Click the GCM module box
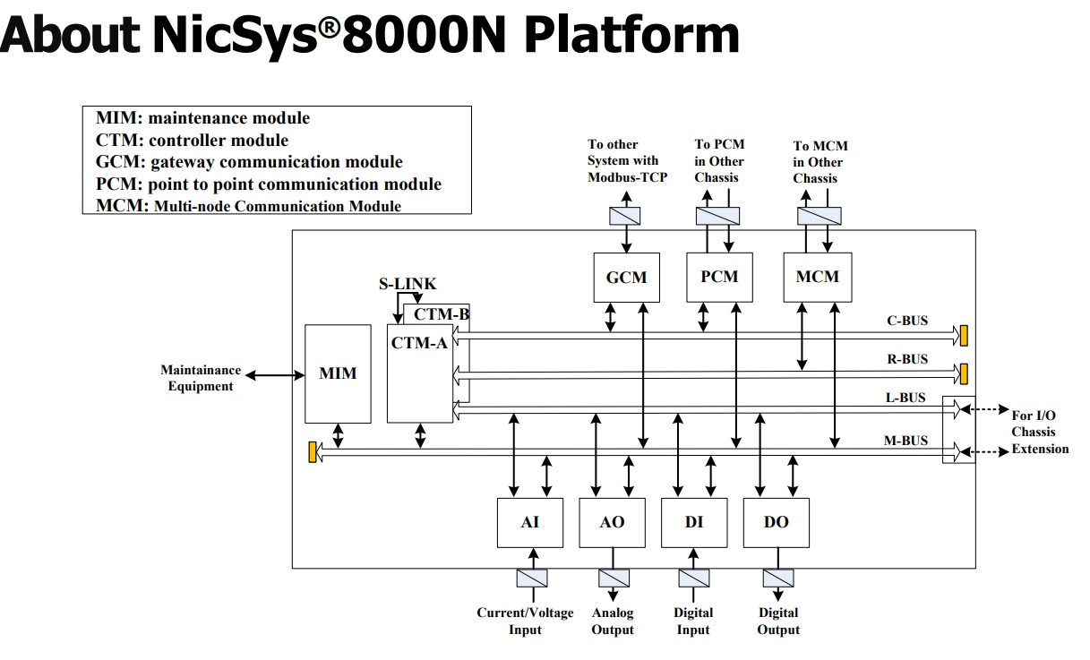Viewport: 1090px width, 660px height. (626, 277)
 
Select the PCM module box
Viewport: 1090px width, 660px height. (719, 276)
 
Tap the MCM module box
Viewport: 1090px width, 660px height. (818, 276)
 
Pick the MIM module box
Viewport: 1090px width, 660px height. (338, 373)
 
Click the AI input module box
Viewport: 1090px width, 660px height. (530, 522)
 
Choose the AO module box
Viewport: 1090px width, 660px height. (613, 522)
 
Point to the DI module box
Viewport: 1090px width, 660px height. (694, 522)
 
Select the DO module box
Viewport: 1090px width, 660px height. (777, 522)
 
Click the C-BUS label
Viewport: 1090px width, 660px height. (906, 320)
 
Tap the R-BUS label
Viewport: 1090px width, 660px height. (906, 359)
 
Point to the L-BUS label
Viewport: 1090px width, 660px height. (905, 398)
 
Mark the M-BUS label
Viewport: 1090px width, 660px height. (905, 440)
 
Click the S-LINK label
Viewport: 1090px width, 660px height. (408, 285)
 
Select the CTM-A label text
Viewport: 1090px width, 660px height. (419, 341)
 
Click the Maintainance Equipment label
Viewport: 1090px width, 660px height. (201, 378)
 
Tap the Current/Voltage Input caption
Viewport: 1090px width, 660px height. (525, 621)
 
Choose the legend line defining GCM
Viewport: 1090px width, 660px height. (249, 162)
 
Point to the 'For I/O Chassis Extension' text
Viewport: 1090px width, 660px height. (1039, 432)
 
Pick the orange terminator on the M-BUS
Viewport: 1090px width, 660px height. (313, 451)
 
